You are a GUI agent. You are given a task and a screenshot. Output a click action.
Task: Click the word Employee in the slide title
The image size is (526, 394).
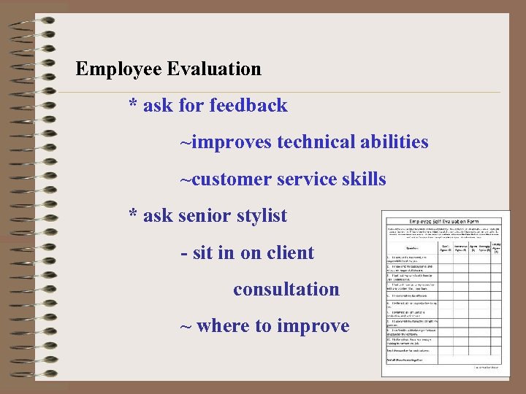point(118,69)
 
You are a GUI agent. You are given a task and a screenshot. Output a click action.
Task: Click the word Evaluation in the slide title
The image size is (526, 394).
point(213,69)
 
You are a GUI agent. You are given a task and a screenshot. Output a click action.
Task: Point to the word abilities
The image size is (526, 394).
point(394,142)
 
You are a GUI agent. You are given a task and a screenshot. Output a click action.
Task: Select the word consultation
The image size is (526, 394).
point(286,290)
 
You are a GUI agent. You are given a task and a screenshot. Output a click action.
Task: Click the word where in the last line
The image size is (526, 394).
point(223,326)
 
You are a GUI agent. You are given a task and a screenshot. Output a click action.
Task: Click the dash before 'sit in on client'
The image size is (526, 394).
point(184,254)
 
